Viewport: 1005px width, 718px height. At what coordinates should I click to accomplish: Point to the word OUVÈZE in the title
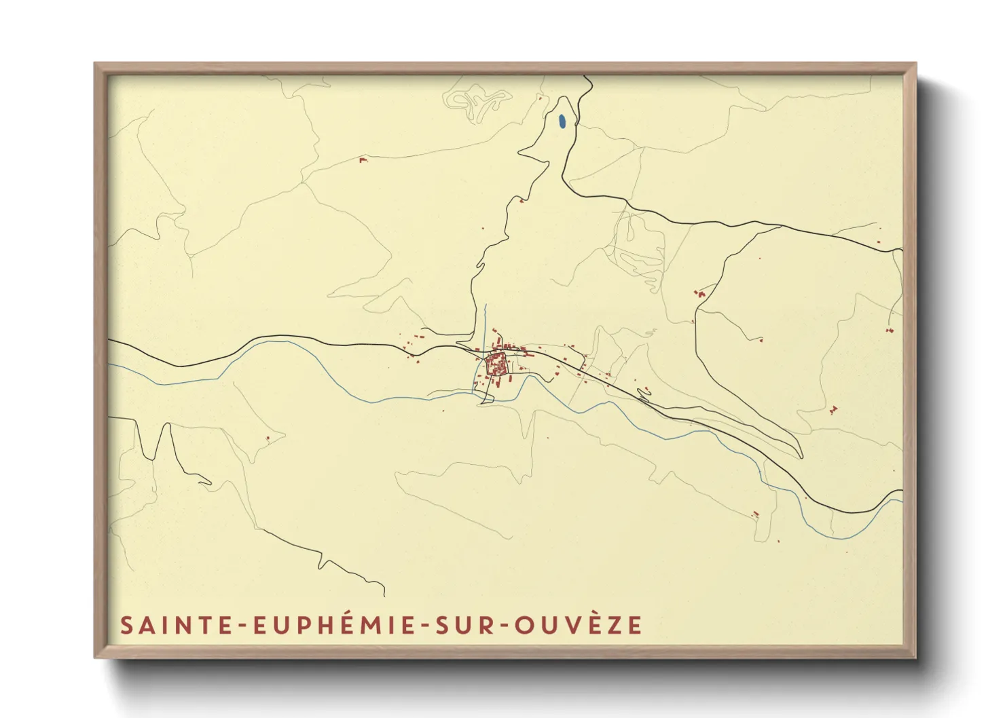tap(578, 625)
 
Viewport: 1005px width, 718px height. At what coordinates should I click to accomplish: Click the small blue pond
tap(561, 122)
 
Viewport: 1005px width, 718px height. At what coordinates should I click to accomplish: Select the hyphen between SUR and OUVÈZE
tap(503, 626)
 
